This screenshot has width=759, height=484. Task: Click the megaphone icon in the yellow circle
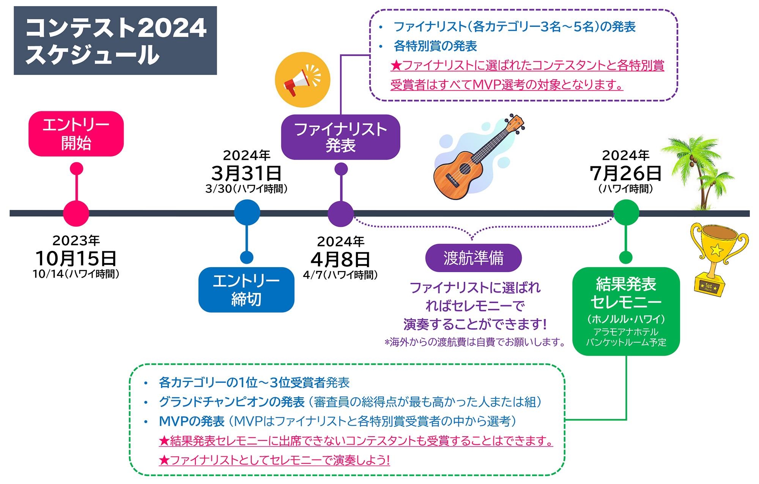(x=302, y=80)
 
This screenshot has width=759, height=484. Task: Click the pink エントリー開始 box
(x=76, y=133)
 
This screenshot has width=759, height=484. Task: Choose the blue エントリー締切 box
(x=246, y=290)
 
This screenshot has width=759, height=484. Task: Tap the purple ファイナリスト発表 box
(x=340, y=137)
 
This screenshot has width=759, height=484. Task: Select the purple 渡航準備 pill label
(x=473, y=258)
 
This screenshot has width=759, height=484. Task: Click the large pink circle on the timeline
(x=76, y=213)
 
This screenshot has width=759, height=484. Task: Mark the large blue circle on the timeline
(x=247, y=212)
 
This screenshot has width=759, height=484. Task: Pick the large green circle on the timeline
(x=626, y=212)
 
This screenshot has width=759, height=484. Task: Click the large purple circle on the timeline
(x=340, y=213)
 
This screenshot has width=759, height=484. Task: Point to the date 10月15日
(x=76, y=258)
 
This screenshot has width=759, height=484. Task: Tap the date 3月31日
(x=246, y=173)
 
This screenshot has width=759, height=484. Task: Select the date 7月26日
(x=626, y=173)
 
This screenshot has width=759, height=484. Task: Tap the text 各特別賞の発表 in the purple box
(x=435, y=46)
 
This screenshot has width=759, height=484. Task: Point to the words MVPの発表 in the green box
(x=192, y=421)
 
